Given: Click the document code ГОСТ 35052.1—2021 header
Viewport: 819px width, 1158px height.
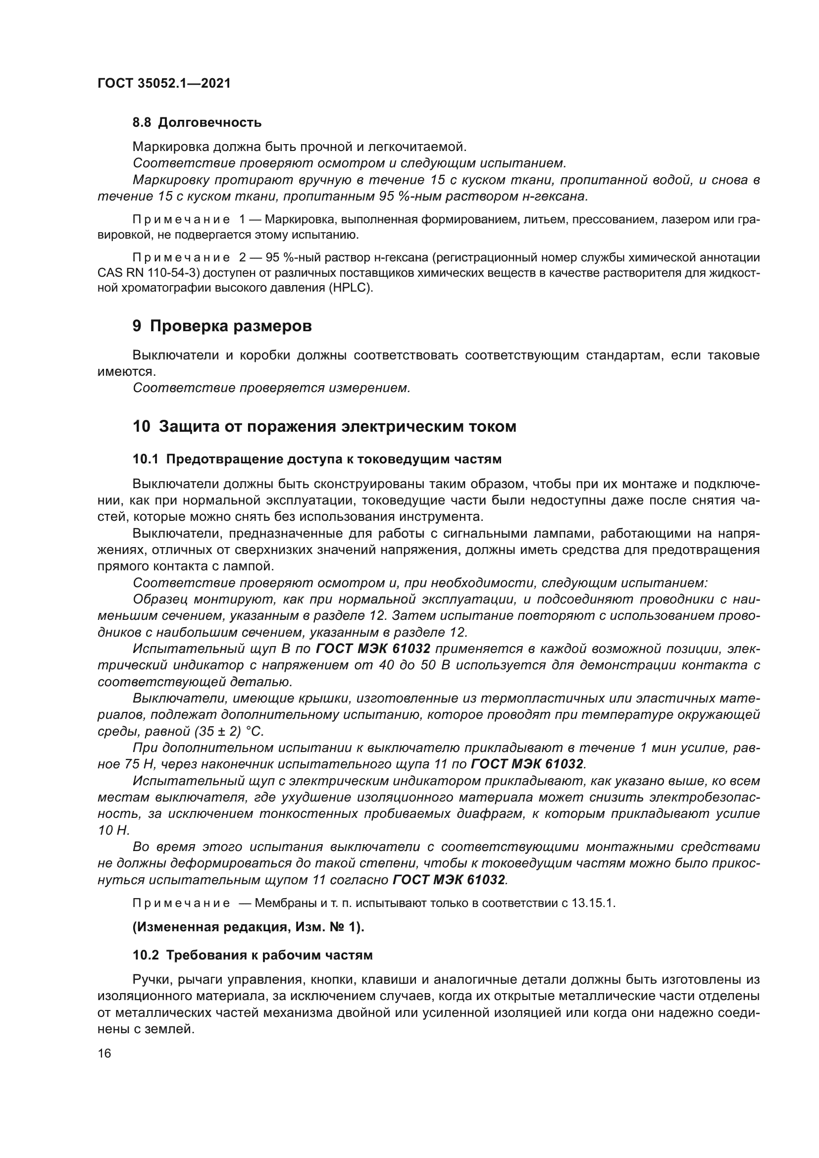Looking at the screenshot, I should tap(164, 83).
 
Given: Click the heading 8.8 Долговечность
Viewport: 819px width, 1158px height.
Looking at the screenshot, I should tap(197, 123).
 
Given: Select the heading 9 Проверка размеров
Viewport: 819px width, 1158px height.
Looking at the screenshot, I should tap(222, 326).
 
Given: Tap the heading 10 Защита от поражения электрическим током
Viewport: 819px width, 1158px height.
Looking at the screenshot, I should tap(324, 427).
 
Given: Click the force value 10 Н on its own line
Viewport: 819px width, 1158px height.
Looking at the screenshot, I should tap(114, 830).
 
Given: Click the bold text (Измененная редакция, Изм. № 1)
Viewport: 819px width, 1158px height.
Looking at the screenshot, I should tap(248, 927).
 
